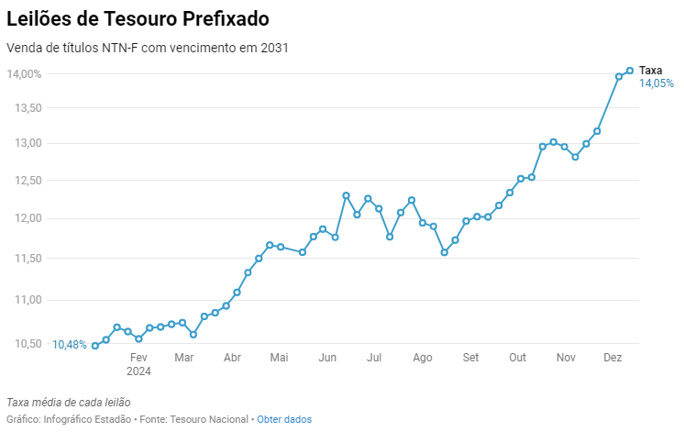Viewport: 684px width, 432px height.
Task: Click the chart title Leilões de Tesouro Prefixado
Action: pos(138,17)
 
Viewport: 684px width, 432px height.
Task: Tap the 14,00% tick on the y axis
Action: pos(24,73)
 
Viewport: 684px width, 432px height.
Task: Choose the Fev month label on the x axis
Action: pos(138,358)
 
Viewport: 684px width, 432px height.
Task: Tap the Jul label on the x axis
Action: pos(373,358)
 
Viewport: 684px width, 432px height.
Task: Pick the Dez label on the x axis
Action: pos(612,358)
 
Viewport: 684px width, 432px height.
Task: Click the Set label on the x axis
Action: pos(470,358)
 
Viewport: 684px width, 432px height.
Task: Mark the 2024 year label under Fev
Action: pos(138,371)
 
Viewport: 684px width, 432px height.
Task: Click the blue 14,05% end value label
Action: pos(656,83)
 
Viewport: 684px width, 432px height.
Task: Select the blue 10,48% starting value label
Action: pos(70,345)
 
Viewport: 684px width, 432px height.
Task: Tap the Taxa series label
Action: pos(650,71)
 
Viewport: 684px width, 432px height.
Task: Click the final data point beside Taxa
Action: pos(630,71)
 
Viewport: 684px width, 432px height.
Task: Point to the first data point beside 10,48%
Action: pos(95,346)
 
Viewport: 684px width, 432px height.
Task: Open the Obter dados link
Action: pos(284,419)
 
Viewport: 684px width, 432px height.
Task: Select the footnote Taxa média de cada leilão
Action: pos(69,402)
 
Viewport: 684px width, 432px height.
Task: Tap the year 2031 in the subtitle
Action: pos(275,48)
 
